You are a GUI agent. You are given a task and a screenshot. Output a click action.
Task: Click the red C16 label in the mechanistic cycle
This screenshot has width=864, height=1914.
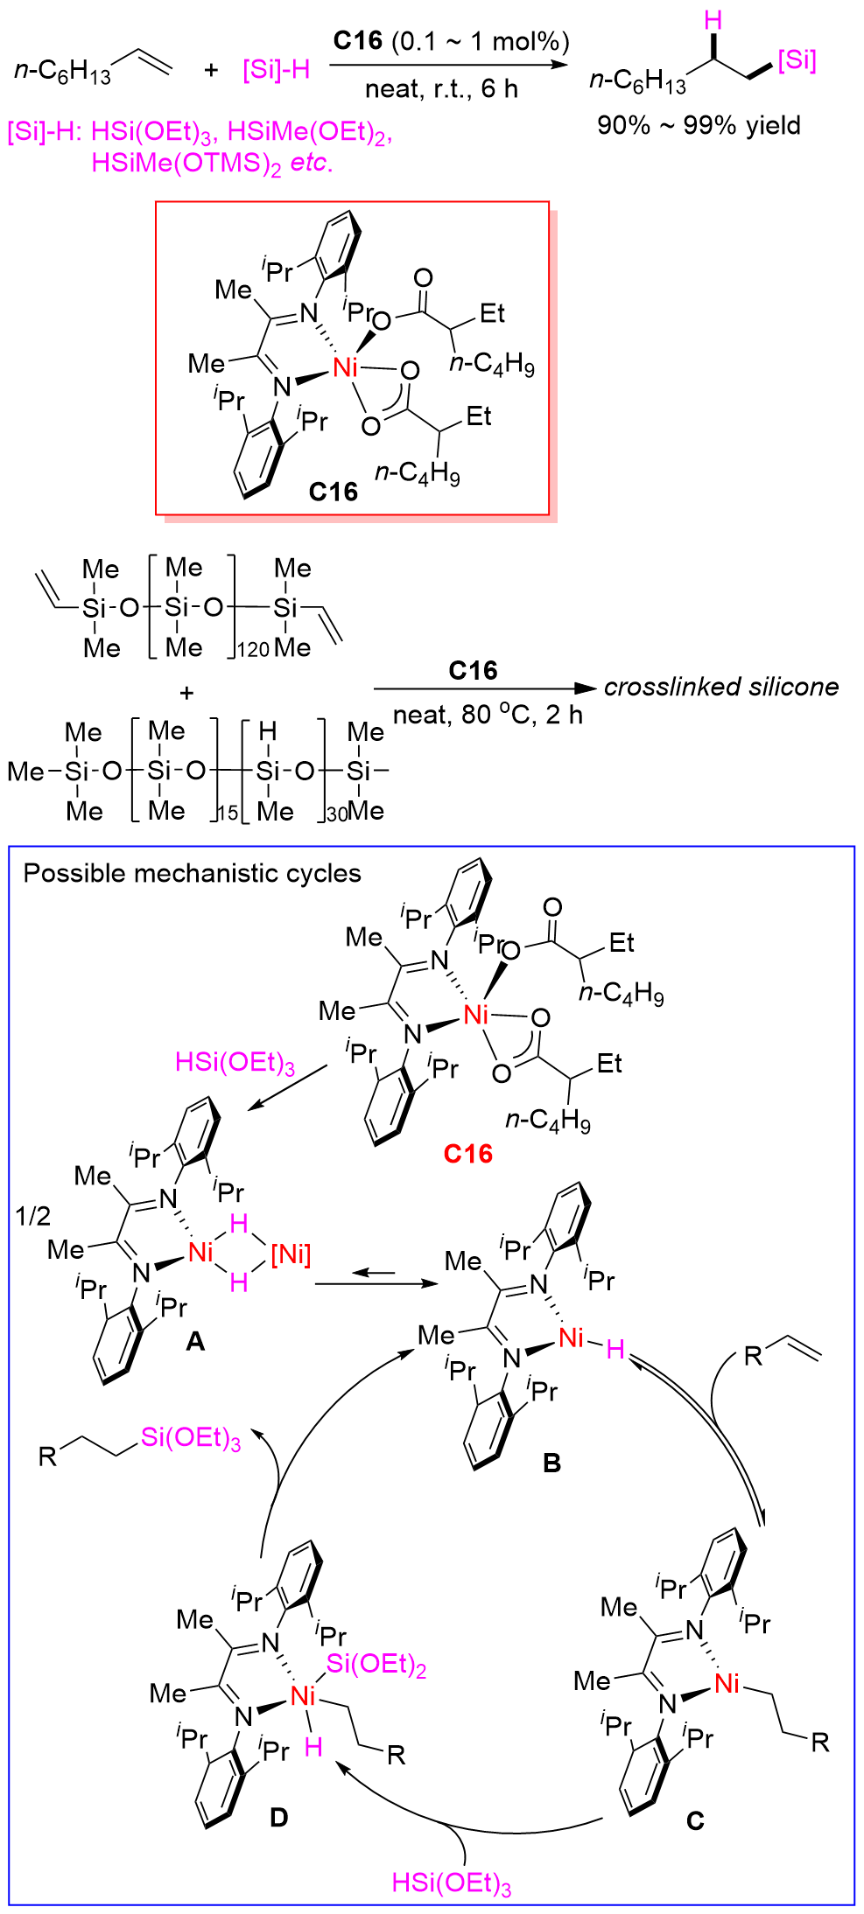click(467, 1154)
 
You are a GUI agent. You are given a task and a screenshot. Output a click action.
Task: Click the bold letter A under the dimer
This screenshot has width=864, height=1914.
click(195, 1340)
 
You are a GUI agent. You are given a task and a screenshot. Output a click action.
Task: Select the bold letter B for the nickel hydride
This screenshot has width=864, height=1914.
click(551, 1463)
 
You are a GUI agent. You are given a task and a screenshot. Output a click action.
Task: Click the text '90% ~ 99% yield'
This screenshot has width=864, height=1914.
click(699, 125)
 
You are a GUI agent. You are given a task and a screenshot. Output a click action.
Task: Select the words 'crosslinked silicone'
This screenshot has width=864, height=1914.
click(721, 687)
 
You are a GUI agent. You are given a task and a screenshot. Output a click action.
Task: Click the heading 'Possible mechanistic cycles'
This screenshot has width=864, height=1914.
click(192, 873)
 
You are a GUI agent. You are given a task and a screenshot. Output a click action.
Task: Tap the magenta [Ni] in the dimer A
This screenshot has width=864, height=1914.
click(291, 1254)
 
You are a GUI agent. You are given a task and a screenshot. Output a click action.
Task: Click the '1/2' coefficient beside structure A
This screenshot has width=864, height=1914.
click(33, 1216)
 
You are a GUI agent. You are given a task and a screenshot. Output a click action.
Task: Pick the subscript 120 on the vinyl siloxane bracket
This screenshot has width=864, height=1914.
click(253, 649)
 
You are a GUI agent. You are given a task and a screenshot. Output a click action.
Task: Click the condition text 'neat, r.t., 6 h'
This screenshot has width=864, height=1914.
click(441, 88)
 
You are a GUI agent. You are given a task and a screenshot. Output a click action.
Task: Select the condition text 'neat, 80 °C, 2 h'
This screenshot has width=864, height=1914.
click(488, 716)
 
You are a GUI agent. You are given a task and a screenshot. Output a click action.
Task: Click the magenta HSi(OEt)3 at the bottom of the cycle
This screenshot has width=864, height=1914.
click(451, 1883)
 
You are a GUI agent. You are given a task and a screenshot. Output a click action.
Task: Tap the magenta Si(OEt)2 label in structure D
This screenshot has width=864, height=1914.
click(376, 1665)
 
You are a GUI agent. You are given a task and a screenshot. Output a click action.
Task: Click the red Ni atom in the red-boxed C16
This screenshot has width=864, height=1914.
click(346, 367)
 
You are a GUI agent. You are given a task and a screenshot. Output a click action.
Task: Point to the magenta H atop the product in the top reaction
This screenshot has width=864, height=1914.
click(713, 20)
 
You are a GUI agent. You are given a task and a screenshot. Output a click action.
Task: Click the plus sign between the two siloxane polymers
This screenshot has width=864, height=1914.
click(186, 693)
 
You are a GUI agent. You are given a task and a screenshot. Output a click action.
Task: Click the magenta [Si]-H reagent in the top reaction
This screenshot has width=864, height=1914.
click(277, 70)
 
